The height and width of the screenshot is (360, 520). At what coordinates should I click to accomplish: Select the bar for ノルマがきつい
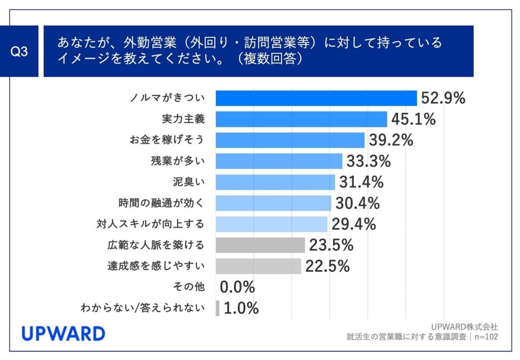tap(316, 98)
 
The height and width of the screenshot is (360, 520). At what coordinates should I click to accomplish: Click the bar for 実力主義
tap(301, 119)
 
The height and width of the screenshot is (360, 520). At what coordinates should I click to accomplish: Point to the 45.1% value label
tap(413, 119)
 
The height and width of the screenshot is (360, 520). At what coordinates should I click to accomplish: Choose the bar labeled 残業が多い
tap(279, 161)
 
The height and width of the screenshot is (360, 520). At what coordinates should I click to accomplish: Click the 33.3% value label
tap(368, 161)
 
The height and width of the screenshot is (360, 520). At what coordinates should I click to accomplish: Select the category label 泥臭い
tap(189, 182)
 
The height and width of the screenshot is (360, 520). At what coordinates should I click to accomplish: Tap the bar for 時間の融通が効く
tap(273, 203)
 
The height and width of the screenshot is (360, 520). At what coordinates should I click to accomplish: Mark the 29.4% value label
tap(353, 224)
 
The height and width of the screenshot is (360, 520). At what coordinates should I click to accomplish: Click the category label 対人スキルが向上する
tap(150, 224)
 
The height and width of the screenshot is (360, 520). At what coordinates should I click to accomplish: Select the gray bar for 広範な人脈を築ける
tap(260, 245)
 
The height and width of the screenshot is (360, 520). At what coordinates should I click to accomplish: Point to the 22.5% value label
tap(327, 266)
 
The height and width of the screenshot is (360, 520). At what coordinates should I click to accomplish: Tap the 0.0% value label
tap(237, 287)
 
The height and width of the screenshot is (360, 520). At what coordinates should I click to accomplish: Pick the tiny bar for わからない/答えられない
tap(217, 308)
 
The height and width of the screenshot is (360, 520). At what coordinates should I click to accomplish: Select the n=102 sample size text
tap(485, 336)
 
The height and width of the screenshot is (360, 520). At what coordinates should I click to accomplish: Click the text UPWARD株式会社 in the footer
tap(464, 326)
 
